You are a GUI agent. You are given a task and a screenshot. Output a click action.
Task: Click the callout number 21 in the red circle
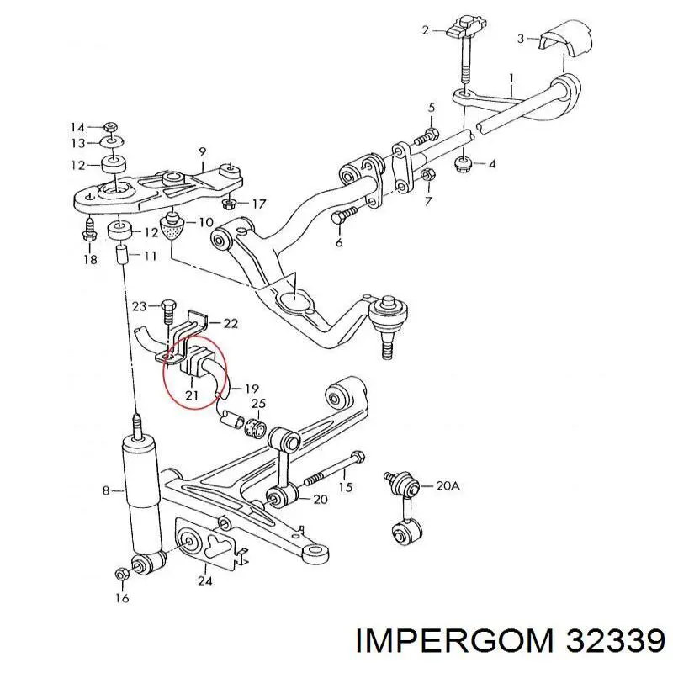click(192, 395)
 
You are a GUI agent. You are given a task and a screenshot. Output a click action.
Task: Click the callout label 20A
click(448, 486)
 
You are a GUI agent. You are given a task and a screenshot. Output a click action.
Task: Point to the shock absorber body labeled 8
click(142, 494)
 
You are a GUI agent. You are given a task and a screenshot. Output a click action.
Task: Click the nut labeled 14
click(111, 127)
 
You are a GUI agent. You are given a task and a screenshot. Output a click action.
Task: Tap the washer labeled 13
click(112, 141)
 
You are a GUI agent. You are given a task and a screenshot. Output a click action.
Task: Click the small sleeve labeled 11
click(122, 257)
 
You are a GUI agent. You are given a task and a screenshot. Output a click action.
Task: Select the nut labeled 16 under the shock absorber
click(120, 573)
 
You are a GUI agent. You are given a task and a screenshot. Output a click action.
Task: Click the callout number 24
click(204, 580)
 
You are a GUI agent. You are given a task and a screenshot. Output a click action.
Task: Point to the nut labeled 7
click(428, 175)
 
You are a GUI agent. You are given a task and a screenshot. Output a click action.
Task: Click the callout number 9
click(202, 151)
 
